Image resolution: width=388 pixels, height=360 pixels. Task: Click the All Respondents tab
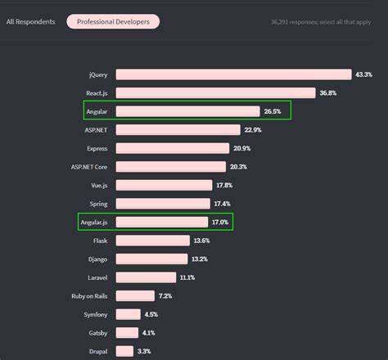coord(30,21)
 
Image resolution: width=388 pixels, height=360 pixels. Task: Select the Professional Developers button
coord(113,21)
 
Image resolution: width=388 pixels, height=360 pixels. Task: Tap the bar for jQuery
coord(233,74)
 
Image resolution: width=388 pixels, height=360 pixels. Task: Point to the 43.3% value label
coord(363,74)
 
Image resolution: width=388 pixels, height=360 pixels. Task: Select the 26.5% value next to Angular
coord(273,111)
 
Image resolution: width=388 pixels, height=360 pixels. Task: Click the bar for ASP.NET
coord(178,129)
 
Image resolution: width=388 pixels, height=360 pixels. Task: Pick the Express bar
coord(172,148)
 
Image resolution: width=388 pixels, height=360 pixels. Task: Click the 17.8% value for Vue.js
coord(225,185)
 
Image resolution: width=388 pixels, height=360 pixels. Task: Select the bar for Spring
coord(162,203)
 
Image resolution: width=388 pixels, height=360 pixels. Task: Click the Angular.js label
coord(94,222)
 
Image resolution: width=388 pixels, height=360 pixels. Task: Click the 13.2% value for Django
coord(199,259)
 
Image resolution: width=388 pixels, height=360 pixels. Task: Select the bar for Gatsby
coord(127,332)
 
